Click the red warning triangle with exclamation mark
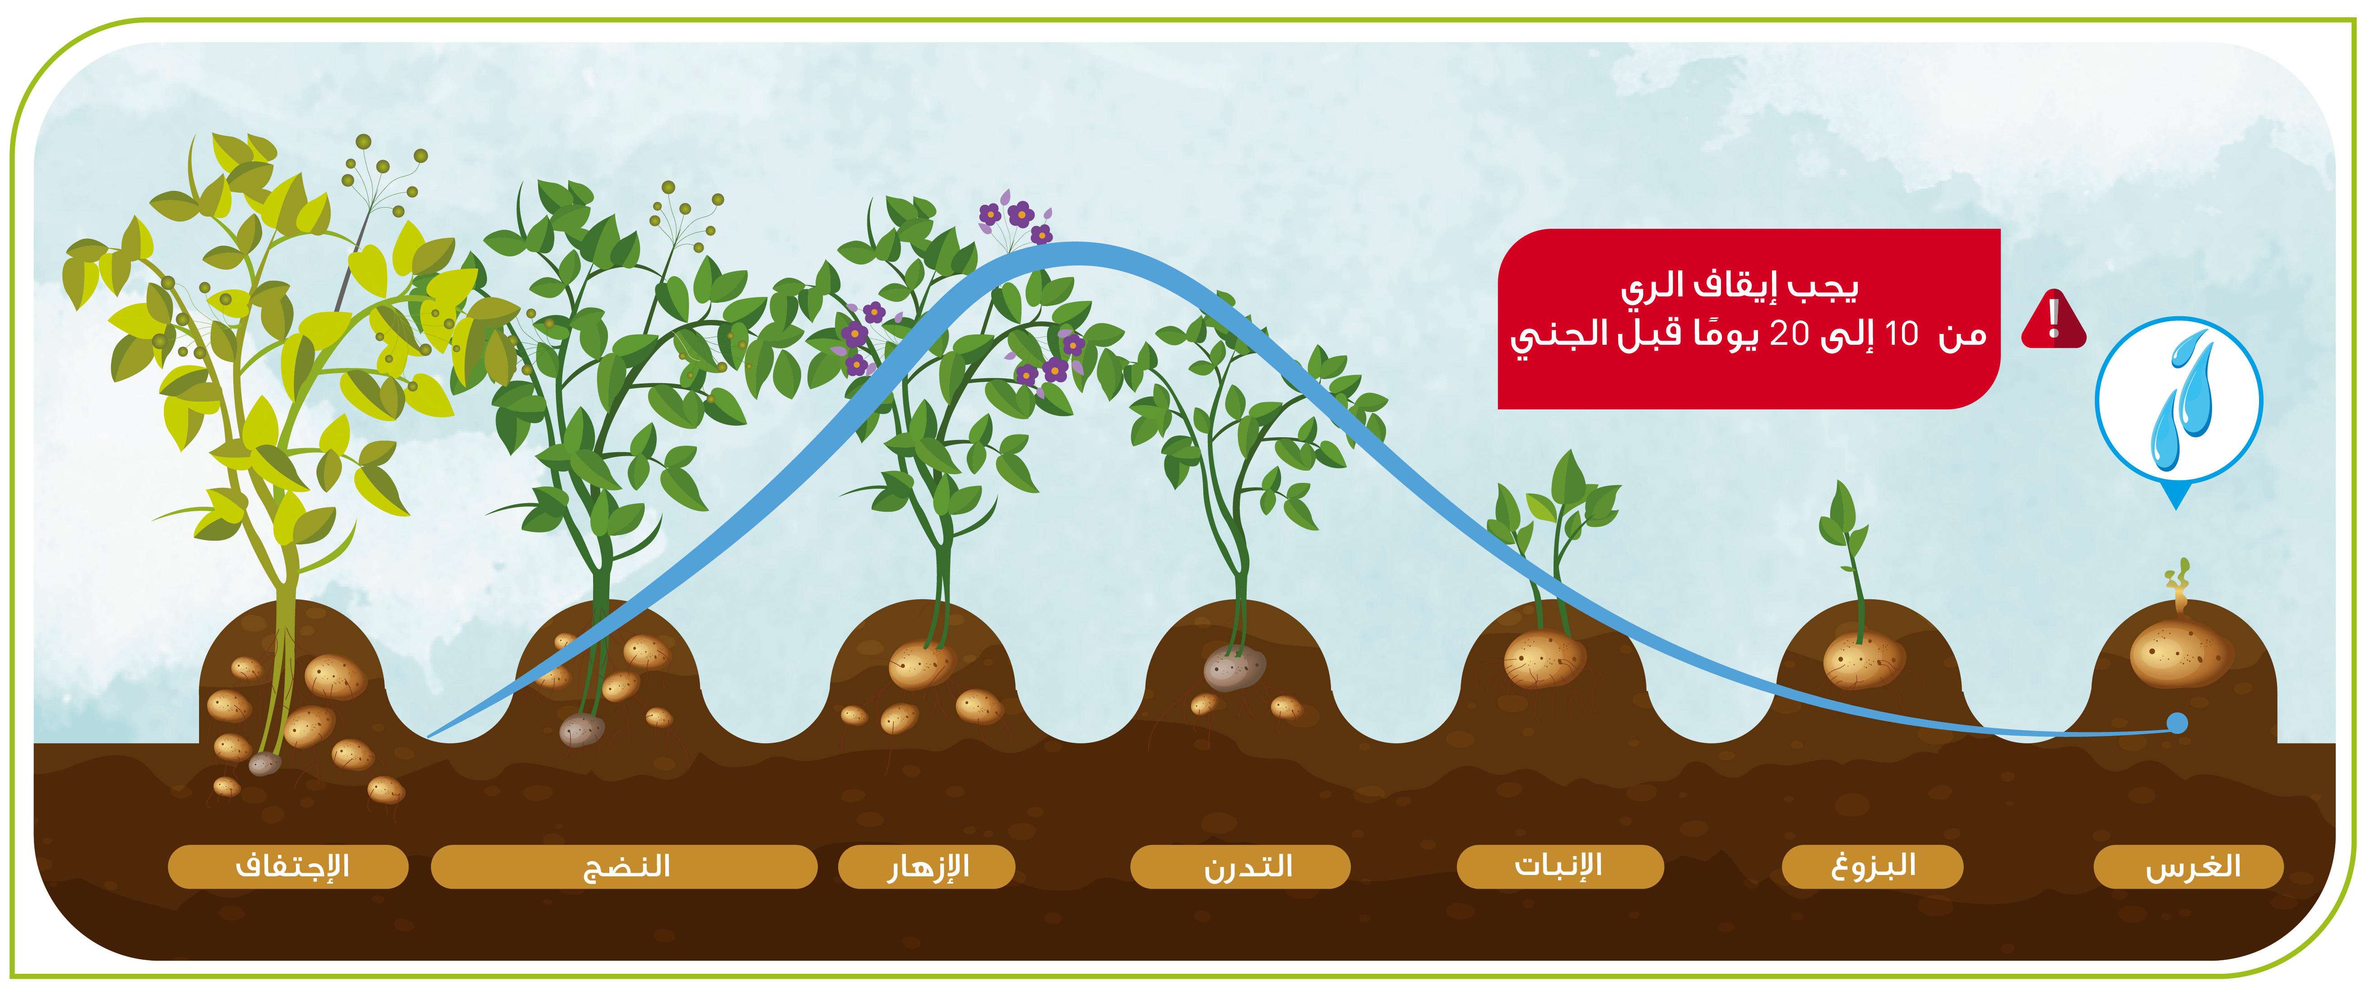2053,320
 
